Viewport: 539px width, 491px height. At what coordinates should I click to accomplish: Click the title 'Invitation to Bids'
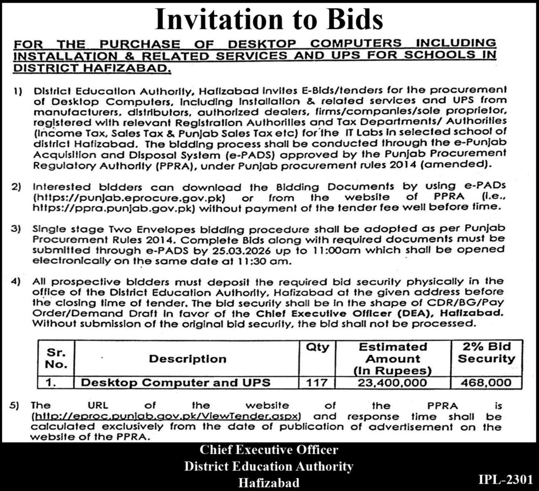click(x=269, y=20)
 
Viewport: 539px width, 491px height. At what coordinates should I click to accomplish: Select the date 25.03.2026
click(x=247, y=251)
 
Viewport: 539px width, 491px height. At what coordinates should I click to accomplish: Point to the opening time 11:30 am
click(x=270, y=261)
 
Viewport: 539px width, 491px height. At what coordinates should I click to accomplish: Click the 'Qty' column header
click(x=317, y=347)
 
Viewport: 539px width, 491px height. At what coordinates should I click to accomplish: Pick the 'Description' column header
click(x=187, y=359)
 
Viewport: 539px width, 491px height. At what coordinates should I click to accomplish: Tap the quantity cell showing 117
click(x=317, y=382)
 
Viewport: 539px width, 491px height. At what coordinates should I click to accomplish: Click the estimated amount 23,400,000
click(x=392, y=382)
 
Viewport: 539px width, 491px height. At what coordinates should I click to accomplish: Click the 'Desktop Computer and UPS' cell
click(x=175, y=382)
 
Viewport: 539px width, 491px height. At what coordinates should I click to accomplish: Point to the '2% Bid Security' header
click(x=486, y=353)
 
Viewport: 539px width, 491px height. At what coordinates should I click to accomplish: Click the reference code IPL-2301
click(x=505, y=479)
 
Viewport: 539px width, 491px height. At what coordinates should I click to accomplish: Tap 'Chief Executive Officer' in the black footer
click(x=269, y=450)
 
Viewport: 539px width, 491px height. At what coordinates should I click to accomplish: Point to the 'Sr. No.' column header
click(x=56, y=358)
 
